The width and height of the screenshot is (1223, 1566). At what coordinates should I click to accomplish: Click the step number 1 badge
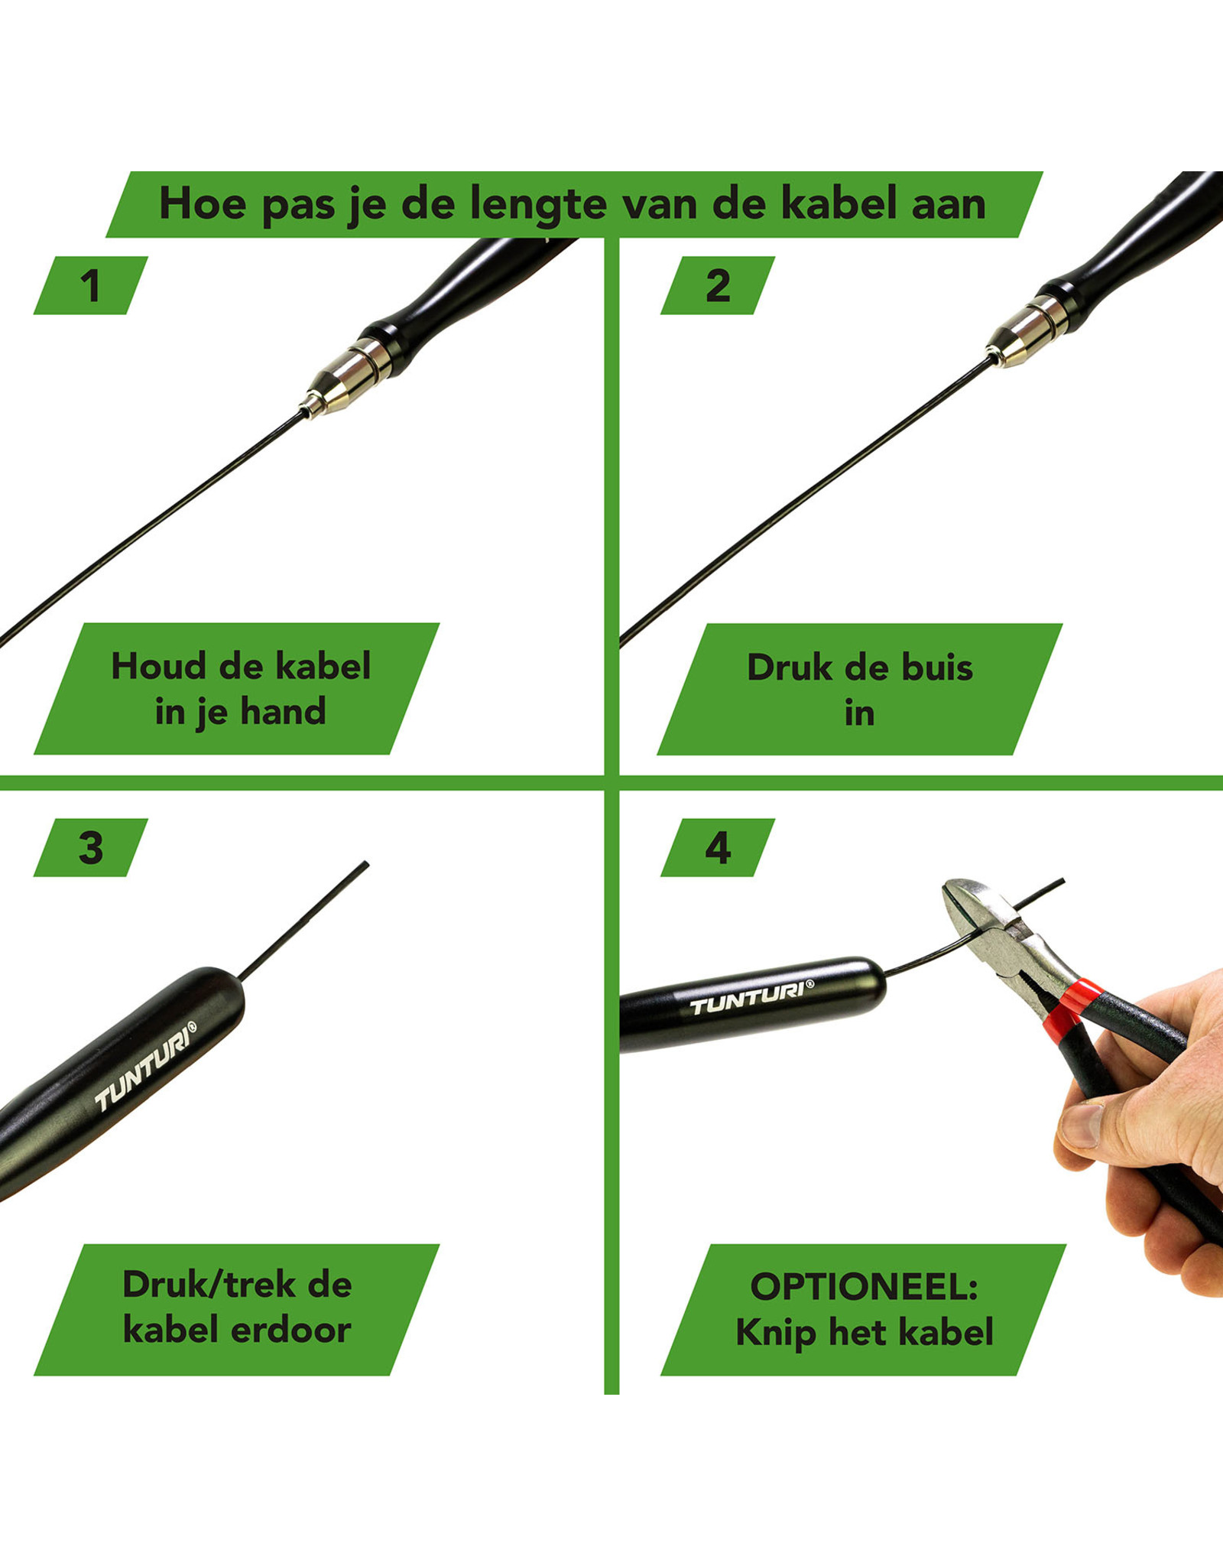pyautogui.click(x=90, y=285)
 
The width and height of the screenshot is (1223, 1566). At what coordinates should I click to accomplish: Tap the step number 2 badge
pyautogui.click(x=717, y=285)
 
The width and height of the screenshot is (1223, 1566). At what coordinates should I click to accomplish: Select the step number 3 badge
pyautogui.click(x=90, y=847)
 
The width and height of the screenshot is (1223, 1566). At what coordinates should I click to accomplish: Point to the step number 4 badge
pyautogui.click(x=717, y=847)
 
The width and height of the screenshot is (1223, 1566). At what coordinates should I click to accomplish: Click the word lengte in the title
pyautogui.click(x=538, y=205)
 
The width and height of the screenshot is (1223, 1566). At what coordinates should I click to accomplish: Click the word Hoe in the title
pyautogui.click(x=203, y=204)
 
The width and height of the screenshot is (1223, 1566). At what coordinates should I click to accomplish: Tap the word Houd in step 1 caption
pyautogui.click(x=158, y=666)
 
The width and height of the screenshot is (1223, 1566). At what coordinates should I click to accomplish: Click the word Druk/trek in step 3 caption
pyautogui.click(x=208, y=1284)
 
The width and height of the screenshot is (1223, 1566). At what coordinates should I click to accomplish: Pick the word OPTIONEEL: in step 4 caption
pyautogui.click(x=864, y=1286)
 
